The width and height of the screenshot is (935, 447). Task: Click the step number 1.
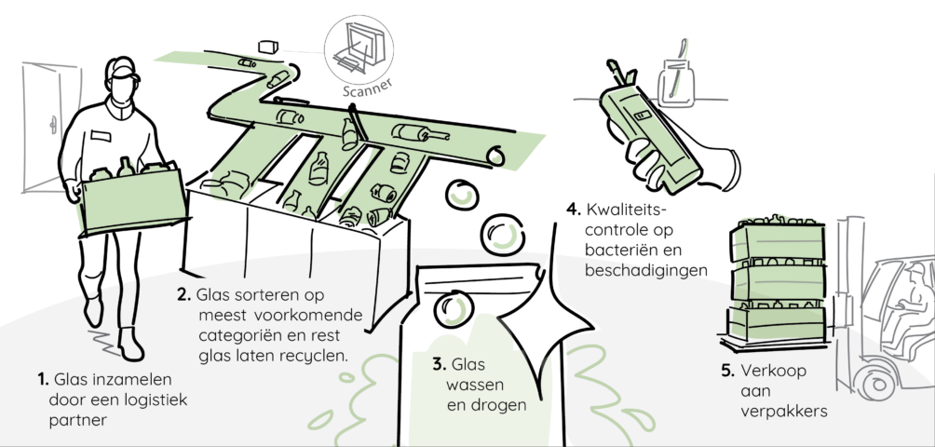click(x=43, y=379)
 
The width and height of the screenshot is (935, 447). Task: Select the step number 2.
click(x=183, y=295)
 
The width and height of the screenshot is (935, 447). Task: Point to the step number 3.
click(x=438, y=364)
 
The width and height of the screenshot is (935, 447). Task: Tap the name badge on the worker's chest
click(x=100, y=135)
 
